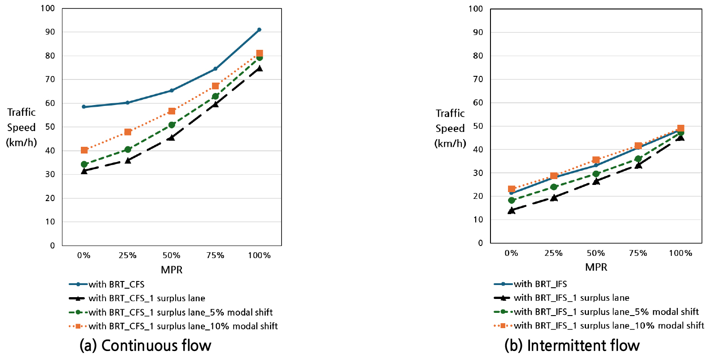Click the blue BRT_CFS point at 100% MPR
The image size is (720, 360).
click(x=259, y=30)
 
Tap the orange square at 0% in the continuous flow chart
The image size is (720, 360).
click(x=84, y=150)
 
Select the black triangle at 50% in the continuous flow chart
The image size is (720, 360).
click(x=172, y=137)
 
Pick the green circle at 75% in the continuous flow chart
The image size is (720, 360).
click(x=215, y=96)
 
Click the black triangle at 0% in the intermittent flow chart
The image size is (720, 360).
click(x=511, y=210)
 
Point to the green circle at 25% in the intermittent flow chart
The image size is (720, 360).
click(x=554, y=187)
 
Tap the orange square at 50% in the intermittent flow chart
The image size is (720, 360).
click(x=596, y=160)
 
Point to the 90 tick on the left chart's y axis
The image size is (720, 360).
click(x=50, y=32)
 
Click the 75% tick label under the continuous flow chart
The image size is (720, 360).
click(x=215, y=255)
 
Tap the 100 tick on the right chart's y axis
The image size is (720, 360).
click(x=476, y=9)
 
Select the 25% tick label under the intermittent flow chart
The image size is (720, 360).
click(x=553, y=253)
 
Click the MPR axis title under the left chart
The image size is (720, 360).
click(x=172, y=270)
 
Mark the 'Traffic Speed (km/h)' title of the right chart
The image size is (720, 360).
click(x=450, y=128)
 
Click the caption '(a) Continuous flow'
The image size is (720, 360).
click(x=145, y=346)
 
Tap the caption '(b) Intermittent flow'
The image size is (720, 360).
click(x=572, y=346)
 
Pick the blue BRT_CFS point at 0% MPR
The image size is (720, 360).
click(x=84, y=107)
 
